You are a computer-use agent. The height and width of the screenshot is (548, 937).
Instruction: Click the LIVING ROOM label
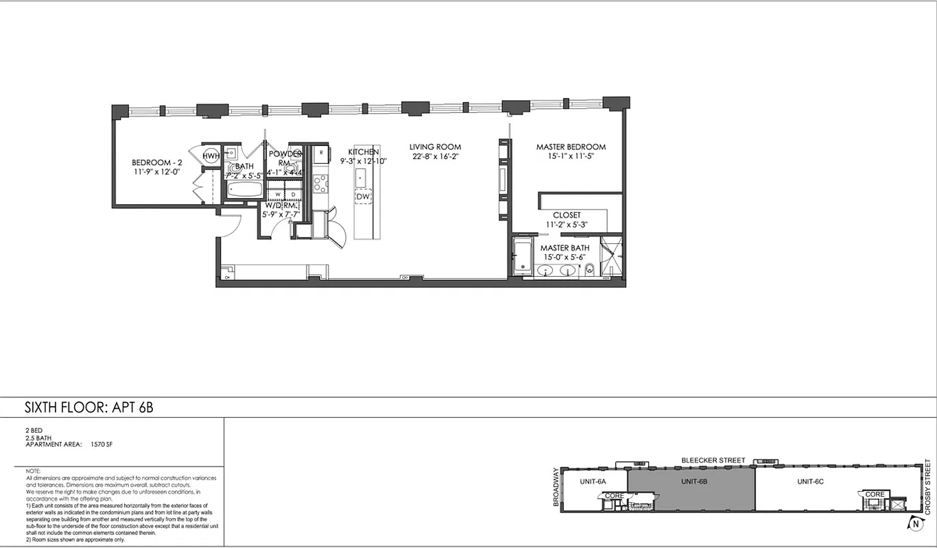(435, 147)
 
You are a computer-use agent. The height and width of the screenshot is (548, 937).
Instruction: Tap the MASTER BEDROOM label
(571, 147)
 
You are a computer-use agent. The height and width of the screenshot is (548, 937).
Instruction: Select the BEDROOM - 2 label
(157, 162)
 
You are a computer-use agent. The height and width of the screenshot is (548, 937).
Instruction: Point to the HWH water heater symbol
(210, 157)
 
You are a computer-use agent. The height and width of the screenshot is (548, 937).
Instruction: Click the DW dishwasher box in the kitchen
(363, 197)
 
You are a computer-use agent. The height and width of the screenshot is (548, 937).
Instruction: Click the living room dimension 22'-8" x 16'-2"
(435, 157)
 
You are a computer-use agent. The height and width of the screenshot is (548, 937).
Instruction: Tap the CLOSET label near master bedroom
(567, 215)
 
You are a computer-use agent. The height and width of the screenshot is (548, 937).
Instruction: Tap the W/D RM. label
(281, 204)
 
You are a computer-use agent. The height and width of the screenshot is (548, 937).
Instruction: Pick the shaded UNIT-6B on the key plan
(694, 482)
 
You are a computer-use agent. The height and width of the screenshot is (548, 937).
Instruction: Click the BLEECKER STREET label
(713, 460)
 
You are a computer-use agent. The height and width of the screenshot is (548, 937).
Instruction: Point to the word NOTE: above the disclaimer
(33, 472)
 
